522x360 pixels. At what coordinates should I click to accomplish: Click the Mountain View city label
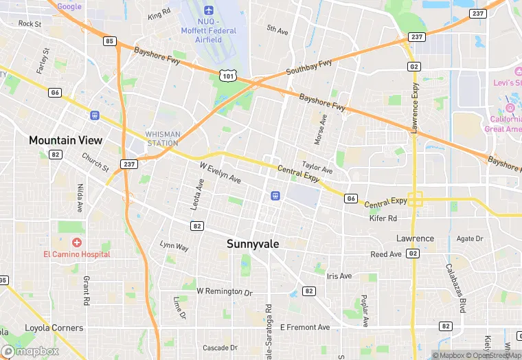(x=65, y=140)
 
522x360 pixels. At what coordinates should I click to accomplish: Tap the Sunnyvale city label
(x=252, y=243)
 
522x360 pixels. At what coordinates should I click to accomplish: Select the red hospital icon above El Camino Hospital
(x=76, y=243)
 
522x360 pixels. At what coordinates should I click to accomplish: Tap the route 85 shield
(x=109, y=41)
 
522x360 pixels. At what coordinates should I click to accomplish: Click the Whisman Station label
(x=162, y=139)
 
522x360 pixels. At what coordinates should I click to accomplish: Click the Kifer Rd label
(x=383, y=218)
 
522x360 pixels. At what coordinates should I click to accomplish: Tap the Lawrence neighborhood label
(x=415, y=238)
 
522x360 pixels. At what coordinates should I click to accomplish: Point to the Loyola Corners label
(x=54, y=328)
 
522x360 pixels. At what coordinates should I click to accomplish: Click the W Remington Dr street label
(x=225, y=291)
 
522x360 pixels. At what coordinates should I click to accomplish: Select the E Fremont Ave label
(x=304, y=327)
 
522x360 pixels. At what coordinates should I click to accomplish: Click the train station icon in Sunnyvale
(x=275, y=195)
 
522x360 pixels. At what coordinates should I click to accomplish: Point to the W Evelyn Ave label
(x=220, y=172)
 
